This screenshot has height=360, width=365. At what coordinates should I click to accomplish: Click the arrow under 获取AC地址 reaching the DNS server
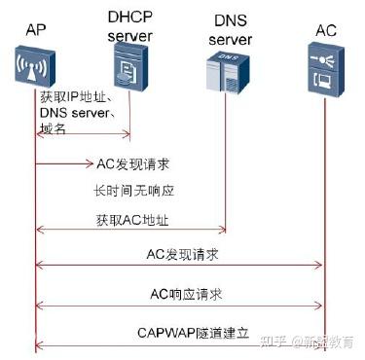click(x=130, y=232)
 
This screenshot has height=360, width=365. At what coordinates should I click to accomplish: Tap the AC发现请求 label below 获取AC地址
click(x=181, y=253)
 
